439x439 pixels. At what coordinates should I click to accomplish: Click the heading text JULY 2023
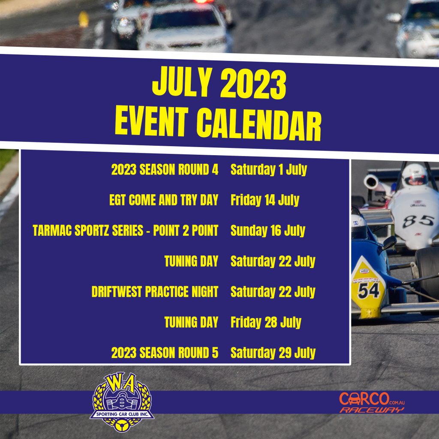click(219, 83)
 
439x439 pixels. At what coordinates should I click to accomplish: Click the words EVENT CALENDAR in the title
click(218, 123)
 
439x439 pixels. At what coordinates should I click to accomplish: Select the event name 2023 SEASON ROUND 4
click(165, 169)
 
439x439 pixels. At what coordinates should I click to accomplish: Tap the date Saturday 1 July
click(269, 170)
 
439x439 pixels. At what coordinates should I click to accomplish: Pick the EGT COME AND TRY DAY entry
click(164, 200)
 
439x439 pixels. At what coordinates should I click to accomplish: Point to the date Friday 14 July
click(265, 200)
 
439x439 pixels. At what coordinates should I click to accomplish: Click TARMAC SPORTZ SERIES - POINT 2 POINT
click(126, 230)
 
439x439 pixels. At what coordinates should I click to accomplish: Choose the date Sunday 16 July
click(268, 231)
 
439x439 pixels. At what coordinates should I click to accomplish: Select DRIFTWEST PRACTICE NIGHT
click(155, 292)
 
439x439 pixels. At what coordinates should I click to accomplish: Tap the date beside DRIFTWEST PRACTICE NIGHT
click(273, 292)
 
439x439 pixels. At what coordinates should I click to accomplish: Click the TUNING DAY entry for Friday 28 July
click(191, 322)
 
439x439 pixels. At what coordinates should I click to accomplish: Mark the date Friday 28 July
click(266, 322)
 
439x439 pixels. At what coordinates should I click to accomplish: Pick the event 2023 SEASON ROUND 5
click(165, 353)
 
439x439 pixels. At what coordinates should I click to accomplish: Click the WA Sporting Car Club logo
click(122, 401)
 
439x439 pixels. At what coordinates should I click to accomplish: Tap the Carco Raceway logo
click(372, 402)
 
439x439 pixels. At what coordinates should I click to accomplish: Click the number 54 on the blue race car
click(368, 290)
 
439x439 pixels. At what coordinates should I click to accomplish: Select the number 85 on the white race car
click(418, 221)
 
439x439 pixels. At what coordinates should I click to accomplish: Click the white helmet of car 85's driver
click(415, 175)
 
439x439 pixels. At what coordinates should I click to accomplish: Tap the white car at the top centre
click(185, 28)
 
